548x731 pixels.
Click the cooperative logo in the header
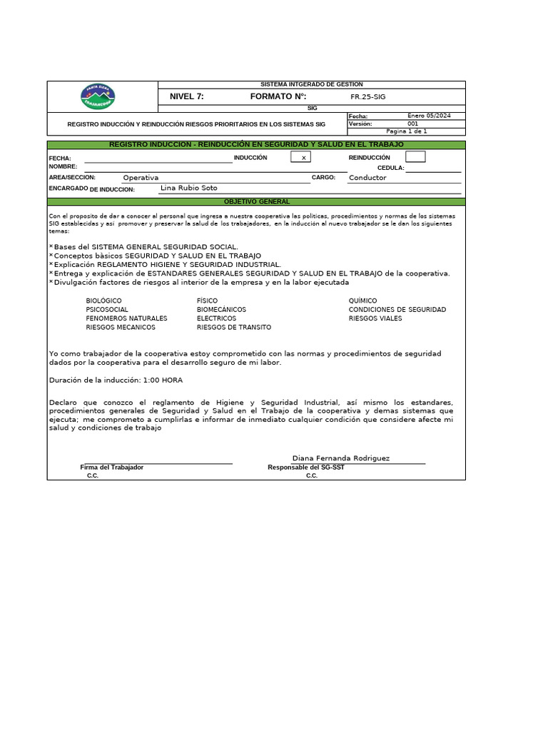pyautogui.click(x=98, y=96)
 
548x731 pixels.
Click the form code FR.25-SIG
pyautogui.click(x=367, y=96)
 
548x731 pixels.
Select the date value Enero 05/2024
pyautogui.click(x=430, y=116)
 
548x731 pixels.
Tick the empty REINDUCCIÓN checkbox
pyautogui.click(x=415, y=157)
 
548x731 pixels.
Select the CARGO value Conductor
pyautogui.click(x=367, y=178)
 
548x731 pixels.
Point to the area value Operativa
pyautogui.click(x=141, y=178)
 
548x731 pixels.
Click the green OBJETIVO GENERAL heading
pyautogui.click(x=257, y=202)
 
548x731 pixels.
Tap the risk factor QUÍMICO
pyautogui.click(x=362, y=301)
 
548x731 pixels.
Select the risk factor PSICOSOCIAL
pyautogui.click(x=107, y=310)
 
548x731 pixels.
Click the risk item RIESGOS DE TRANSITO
pyautogui.click(x=234, y=327)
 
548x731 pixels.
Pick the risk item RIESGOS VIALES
pyautogui.click(x=375, y=318)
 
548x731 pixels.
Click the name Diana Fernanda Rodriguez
pyautogui.click(x=341, y=458)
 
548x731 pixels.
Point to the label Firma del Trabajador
pyautogui.click(x=112, y=468)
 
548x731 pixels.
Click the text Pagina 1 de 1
pyautogui.click(x=406, y=131)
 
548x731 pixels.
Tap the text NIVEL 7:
pyautogui.click(x=187, y=96)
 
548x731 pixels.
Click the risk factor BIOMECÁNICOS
pyautogui.click(x=221, y=310)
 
